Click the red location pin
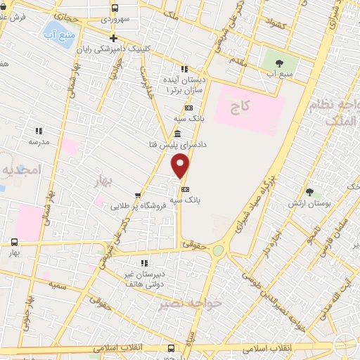(x=181, y=167)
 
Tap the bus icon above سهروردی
(x=115, y=8)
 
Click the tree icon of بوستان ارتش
(x=309, y=191)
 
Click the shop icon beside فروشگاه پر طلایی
(x=138, y=196)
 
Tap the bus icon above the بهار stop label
(x=15, y=241)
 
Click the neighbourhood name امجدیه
(x=22, y=169)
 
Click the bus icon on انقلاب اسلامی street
(x=172, y=347)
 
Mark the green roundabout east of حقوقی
(x=219, y=250)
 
